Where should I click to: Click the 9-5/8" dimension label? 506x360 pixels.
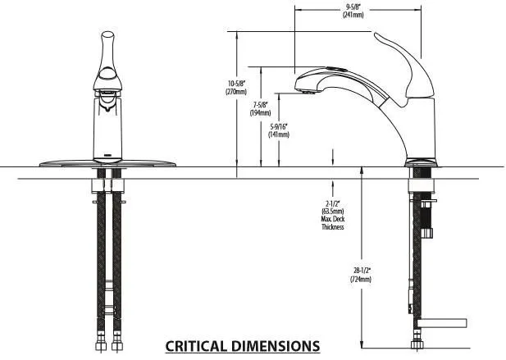(x=355, y=8)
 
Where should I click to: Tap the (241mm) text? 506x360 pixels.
(x=355, y=16)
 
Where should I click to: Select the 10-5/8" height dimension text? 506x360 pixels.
(x=235, y=83)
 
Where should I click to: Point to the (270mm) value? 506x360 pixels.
(x=235, y=92)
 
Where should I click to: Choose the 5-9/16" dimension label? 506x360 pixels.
(x=280, y=126)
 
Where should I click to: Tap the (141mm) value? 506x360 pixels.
(x=280, y=134)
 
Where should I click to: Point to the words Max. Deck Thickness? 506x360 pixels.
(x=332, y=222)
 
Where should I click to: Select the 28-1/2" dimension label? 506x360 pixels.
(x=362, y=270)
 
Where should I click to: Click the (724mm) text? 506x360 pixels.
(x=362, y=279)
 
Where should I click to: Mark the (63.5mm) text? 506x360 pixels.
(x=332, y=211)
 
